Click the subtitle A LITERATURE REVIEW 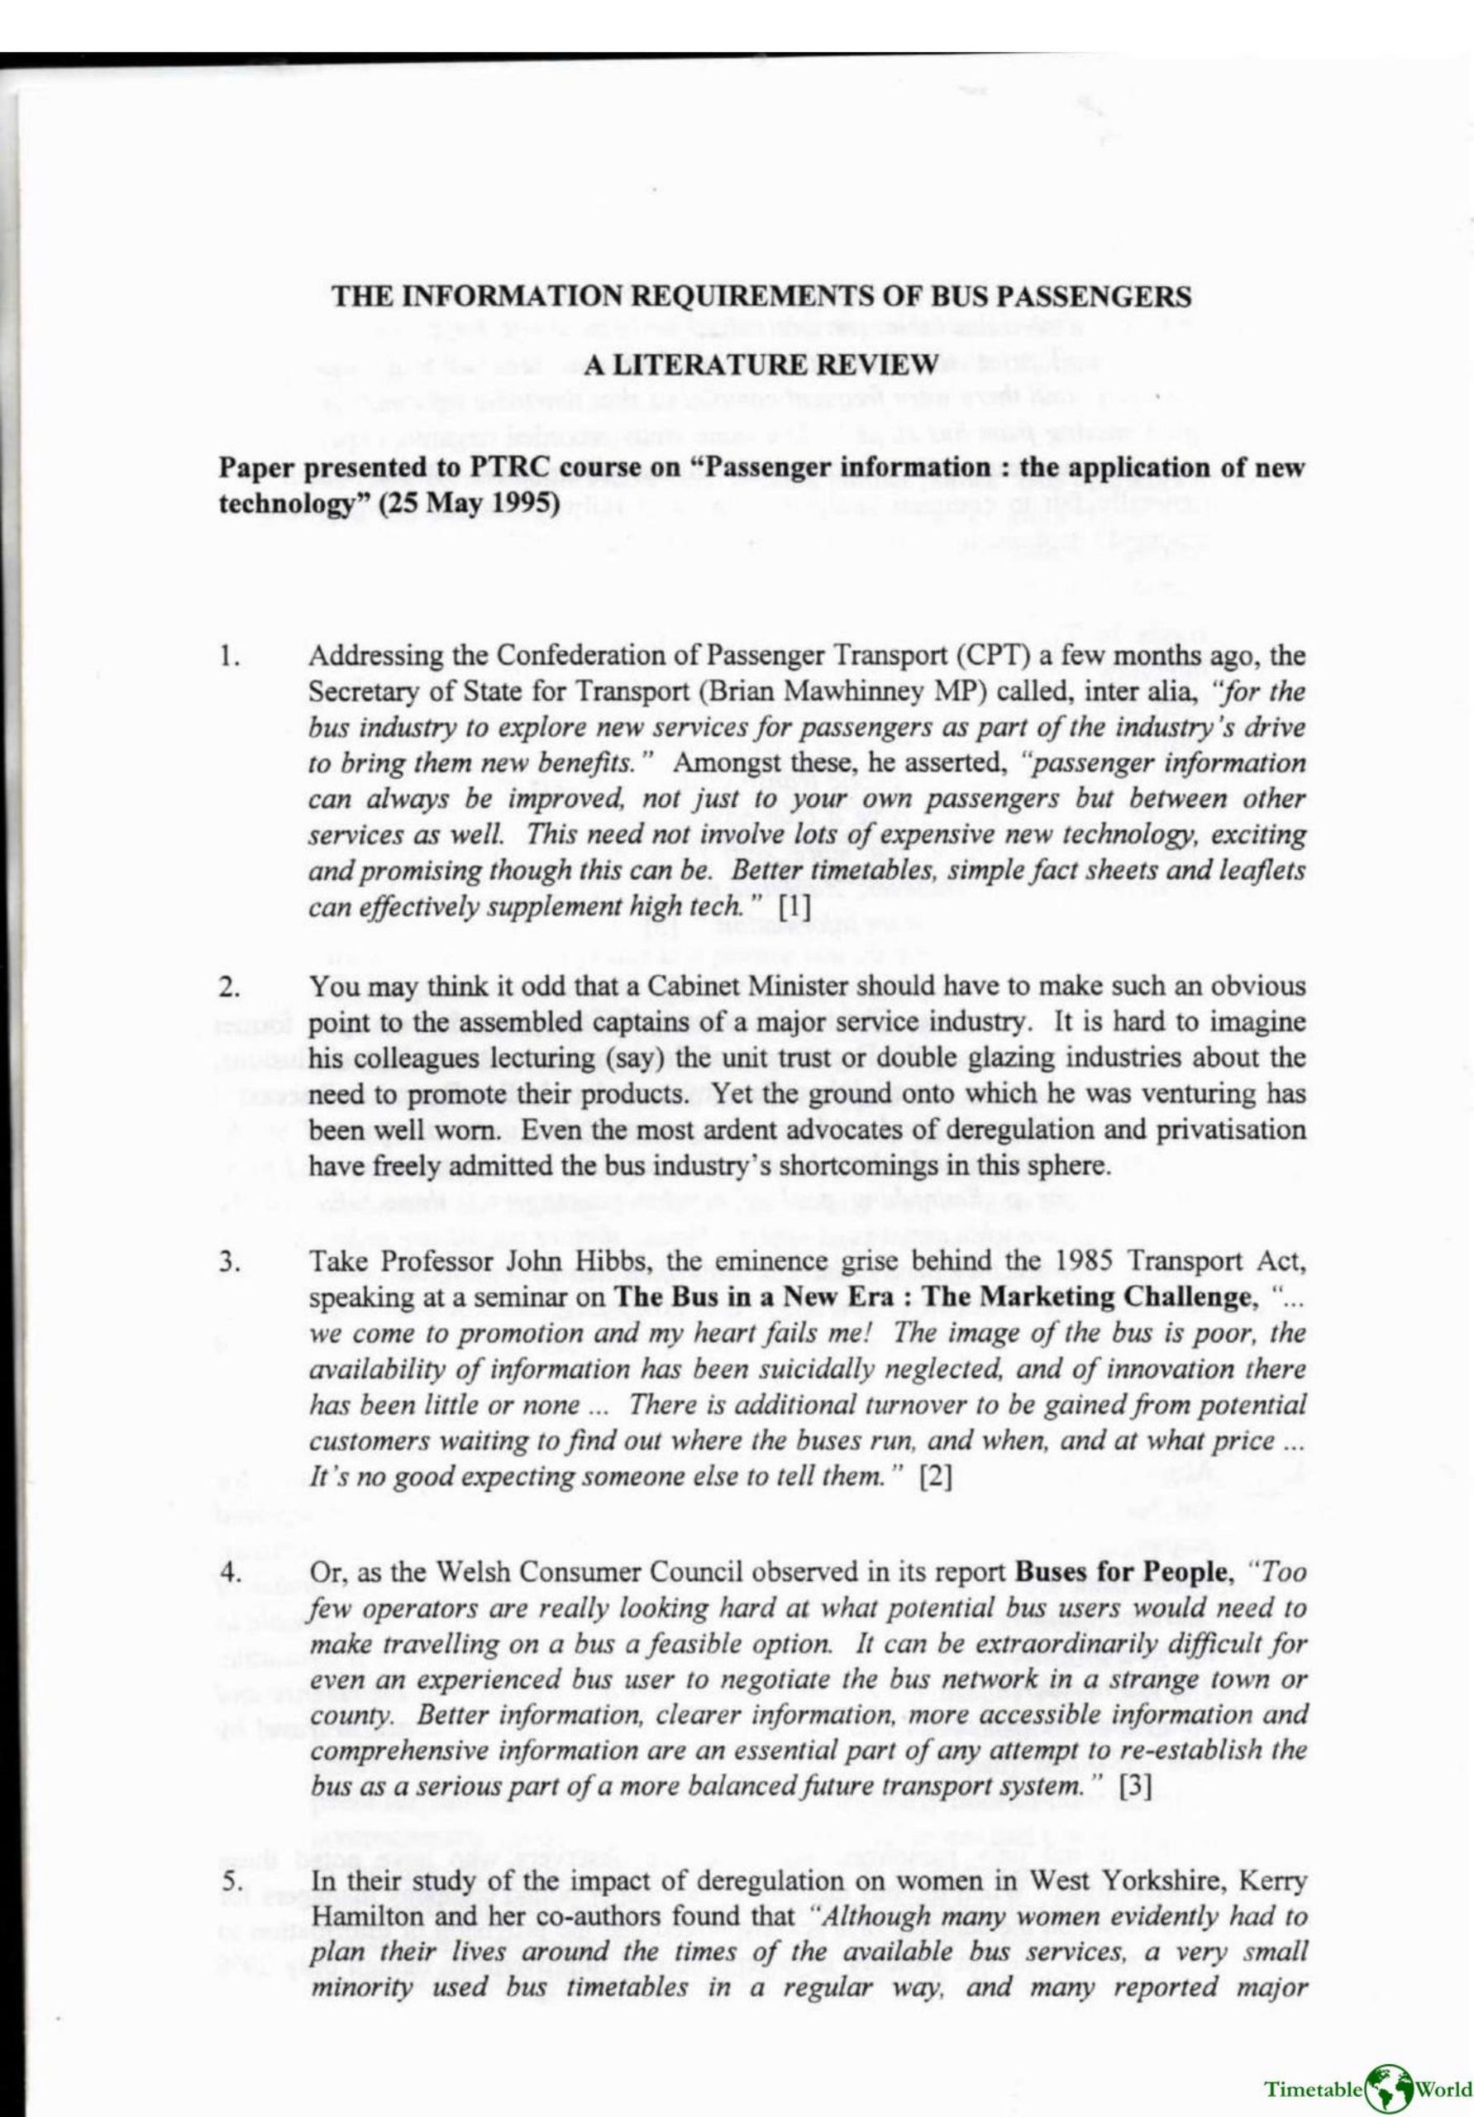click(761, 363)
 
